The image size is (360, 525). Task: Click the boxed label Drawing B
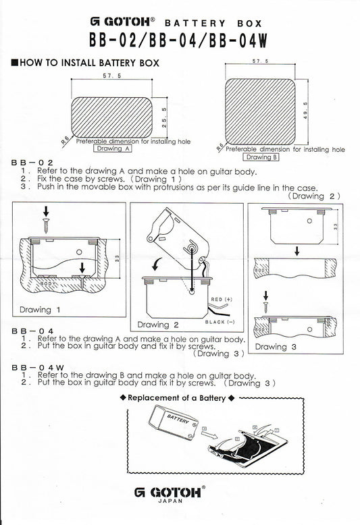coord(258,157)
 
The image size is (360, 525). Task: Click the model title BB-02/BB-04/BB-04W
coord(180,40)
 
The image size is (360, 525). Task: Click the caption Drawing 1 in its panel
coord(41,310)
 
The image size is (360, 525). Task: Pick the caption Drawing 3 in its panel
coord(271,346)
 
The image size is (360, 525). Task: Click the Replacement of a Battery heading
coord(181,398)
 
